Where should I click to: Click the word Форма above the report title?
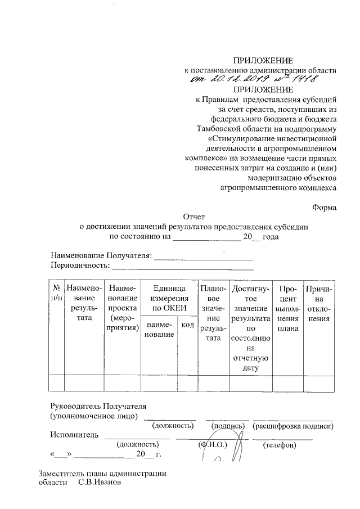click(325, 206)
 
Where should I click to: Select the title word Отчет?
click(195, 217)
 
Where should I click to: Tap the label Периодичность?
click(79, 265)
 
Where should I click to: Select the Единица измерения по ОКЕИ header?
click(167, 298)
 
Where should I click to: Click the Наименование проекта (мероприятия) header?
click(123, 309)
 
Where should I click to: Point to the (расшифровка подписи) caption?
click(294, 427)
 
